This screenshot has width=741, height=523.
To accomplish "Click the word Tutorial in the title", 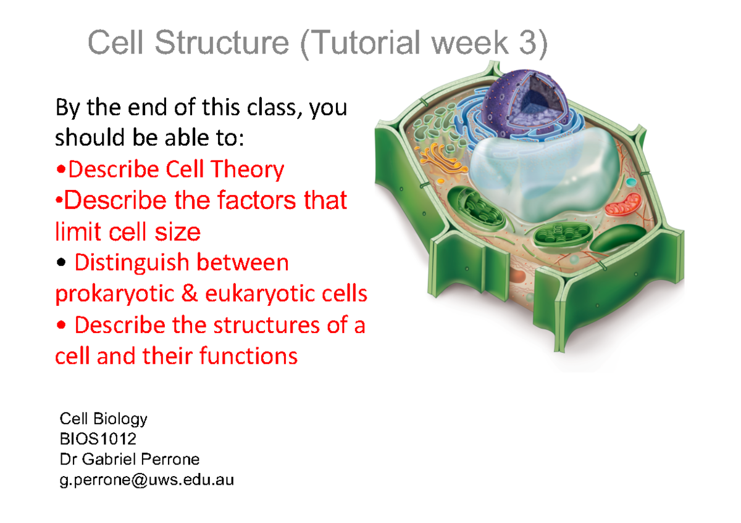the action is click(x=364, y=43).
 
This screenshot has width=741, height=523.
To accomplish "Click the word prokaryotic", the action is click(x=114, y=294).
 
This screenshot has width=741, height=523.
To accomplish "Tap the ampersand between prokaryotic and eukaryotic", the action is click(x=190, y=293).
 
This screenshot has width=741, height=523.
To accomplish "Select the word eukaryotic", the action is click(x=259, y=294).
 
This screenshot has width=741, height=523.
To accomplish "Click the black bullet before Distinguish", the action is click(x=61, y=263).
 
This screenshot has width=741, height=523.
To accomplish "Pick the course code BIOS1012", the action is click(x=98, y=439).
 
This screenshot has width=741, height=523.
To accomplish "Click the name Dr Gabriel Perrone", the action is click(x=130, y=459).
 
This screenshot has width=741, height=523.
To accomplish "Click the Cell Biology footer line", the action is click(x=104, y=419).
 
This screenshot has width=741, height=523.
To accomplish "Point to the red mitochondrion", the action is click(x=623, y=205).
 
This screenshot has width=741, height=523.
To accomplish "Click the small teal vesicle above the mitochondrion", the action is click(x=631, y=182).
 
